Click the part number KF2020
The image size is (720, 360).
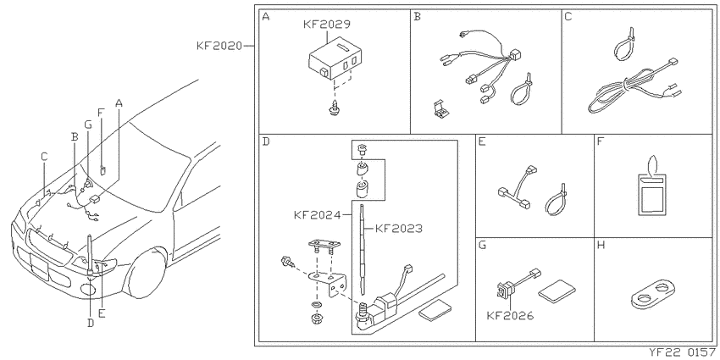(219, 47)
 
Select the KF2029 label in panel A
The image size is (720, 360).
(325, 25)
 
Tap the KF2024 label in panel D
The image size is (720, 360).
(318, 214)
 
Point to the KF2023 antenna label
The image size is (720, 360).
(399, 228)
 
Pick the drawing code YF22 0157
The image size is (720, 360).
(683, 352)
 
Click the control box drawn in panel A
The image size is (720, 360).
(335, 58)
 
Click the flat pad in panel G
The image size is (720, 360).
(557, 291)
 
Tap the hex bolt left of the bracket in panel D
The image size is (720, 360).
(287, 263)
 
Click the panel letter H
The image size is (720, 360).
(601, 245)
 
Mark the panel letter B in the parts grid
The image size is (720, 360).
(417, 18)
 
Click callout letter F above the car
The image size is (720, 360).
(101, 113)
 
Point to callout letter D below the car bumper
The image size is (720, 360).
(91, 324)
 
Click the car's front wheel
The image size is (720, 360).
(146, 274)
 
